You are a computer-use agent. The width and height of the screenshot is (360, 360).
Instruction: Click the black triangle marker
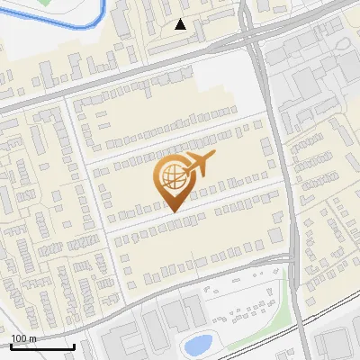pos(181,24)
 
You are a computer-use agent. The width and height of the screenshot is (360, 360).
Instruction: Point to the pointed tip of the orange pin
pos(172,211)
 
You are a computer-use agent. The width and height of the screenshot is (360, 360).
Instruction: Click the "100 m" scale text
pos(23,338)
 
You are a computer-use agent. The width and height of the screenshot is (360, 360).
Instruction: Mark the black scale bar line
pos(41,346)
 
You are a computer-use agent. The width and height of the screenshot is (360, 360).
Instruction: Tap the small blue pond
pos(197,344)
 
